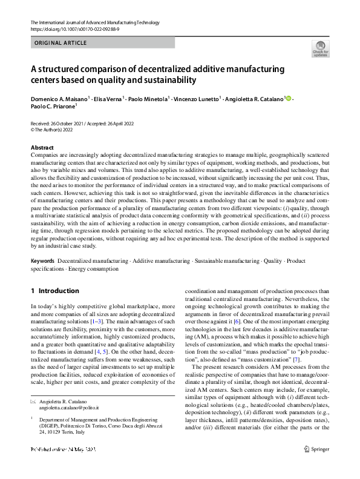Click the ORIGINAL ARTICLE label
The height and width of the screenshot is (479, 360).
[x=61, y=43]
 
